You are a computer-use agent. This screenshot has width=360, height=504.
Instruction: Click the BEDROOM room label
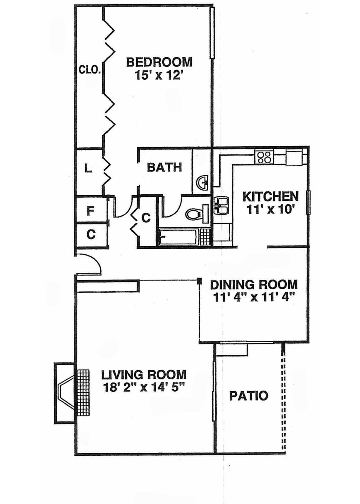[159, 62]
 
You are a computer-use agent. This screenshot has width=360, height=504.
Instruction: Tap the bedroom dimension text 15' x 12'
[158, 75]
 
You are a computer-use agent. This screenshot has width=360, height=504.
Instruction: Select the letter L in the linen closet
[88, 169]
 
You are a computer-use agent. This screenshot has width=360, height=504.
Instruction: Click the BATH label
[164, 167]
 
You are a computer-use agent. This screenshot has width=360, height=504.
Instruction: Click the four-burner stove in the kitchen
[264, 157]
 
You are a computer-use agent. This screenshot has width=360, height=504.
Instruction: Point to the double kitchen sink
[222, 205]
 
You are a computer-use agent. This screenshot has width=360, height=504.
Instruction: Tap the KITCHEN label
[271, 197]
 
